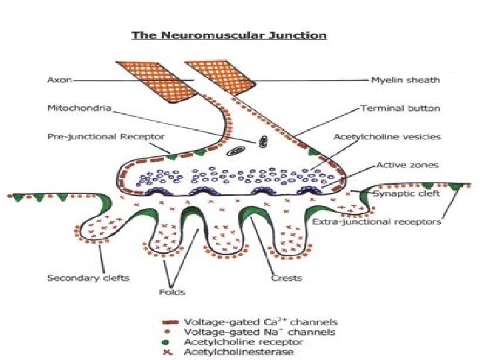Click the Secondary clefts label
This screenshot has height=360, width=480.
click(79, 277)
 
